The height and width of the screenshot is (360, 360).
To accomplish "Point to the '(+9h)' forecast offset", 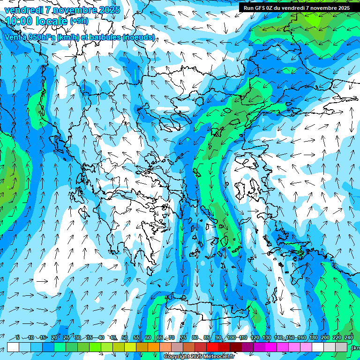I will (x=79, y=21).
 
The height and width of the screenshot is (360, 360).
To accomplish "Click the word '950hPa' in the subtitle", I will (x=40, y=37).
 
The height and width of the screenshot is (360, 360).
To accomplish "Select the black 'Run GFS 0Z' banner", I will (x=296, y=7).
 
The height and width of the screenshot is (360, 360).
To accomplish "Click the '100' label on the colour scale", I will (x=231, y=337).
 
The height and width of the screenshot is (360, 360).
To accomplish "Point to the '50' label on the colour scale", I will (x=125, y=337).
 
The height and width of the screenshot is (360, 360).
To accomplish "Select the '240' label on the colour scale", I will (x=348, y=337).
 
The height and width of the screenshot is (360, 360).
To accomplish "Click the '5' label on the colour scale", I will (x=17, y=337).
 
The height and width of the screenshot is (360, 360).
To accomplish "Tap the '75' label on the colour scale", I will (x=183, y=337).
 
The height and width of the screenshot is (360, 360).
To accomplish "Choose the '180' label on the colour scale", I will (x=313, y=337).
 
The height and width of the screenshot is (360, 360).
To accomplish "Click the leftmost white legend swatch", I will (x=13, y=347).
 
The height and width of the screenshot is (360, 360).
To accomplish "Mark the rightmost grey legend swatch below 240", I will (x=341, y=347).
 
